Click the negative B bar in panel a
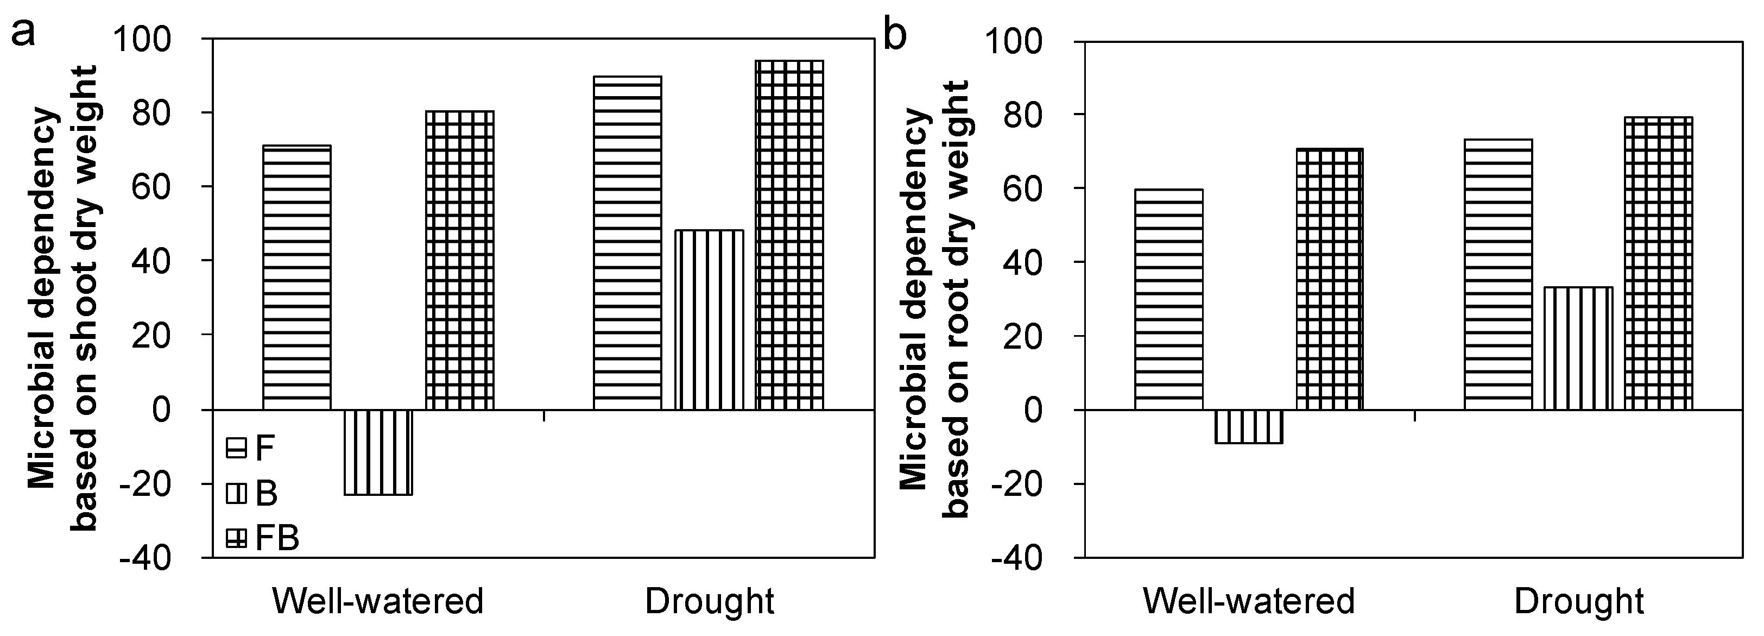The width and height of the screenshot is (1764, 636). coord(378,452)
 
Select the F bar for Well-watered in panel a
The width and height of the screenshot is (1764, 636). coord(297,278)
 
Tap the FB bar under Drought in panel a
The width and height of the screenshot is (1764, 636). coord(789,235)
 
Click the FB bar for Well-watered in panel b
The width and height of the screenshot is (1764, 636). coord(1330,279)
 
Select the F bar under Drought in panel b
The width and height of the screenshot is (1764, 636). coord(1499,274)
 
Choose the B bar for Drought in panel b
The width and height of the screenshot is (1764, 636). coord(1578,348)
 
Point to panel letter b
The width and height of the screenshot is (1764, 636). coord(895,34)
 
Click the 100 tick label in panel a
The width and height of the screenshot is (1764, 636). coord(152,40)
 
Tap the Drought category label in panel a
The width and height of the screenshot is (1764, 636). coord(710,602)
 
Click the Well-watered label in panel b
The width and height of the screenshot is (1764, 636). coord(1249,602)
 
